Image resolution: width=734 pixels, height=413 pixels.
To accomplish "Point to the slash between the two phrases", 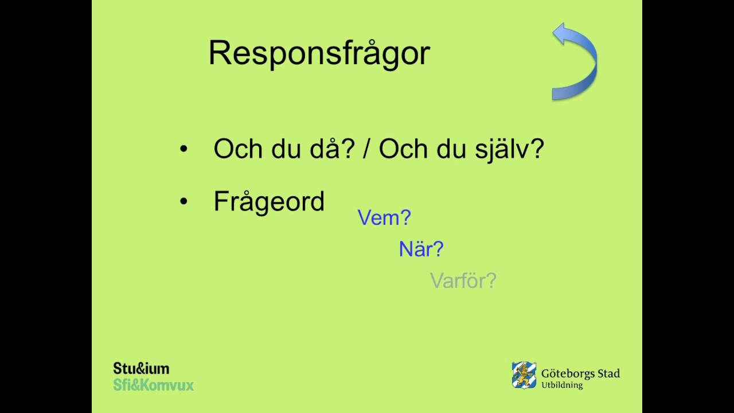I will pos(367,150).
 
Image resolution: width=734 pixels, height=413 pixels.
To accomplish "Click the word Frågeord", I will pos(269,202).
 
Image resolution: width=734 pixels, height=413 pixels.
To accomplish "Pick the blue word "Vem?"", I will pos(384,218).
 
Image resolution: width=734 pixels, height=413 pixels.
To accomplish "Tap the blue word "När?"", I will pos(421,249).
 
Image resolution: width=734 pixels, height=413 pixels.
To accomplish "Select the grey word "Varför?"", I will pos(463,280).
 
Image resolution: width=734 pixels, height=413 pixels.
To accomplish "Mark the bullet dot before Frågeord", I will pos(183,202).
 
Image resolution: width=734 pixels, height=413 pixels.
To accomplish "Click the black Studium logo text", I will pos(141,368).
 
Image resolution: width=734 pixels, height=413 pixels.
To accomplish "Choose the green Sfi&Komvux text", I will pos(153,384).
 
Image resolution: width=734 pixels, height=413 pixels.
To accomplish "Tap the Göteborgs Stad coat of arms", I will pos(524,375).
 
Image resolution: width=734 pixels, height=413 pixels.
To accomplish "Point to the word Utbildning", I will pos(562,385).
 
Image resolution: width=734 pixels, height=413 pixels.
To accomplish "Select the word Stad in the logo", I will pos(607,374).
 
